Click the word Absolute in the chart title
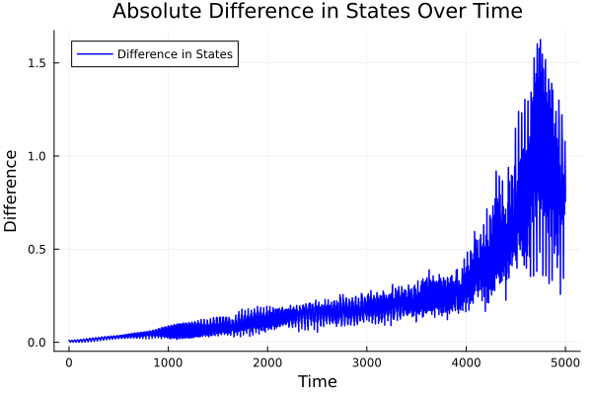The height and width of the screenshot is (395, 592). click(x=156, y=12)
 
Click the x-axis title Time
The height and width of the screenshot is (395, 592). click(x=317, y=382)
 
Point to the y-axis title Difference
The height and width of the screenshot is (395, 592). click(x=12, y=191)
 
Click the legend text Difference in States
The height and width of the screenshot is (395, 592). click(x=175, y=54)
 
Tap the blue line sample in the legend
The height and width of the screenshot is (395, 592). click(x=93, y=54)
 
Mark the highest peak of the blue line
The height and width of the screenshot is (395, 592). click(x=540, y=40)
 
